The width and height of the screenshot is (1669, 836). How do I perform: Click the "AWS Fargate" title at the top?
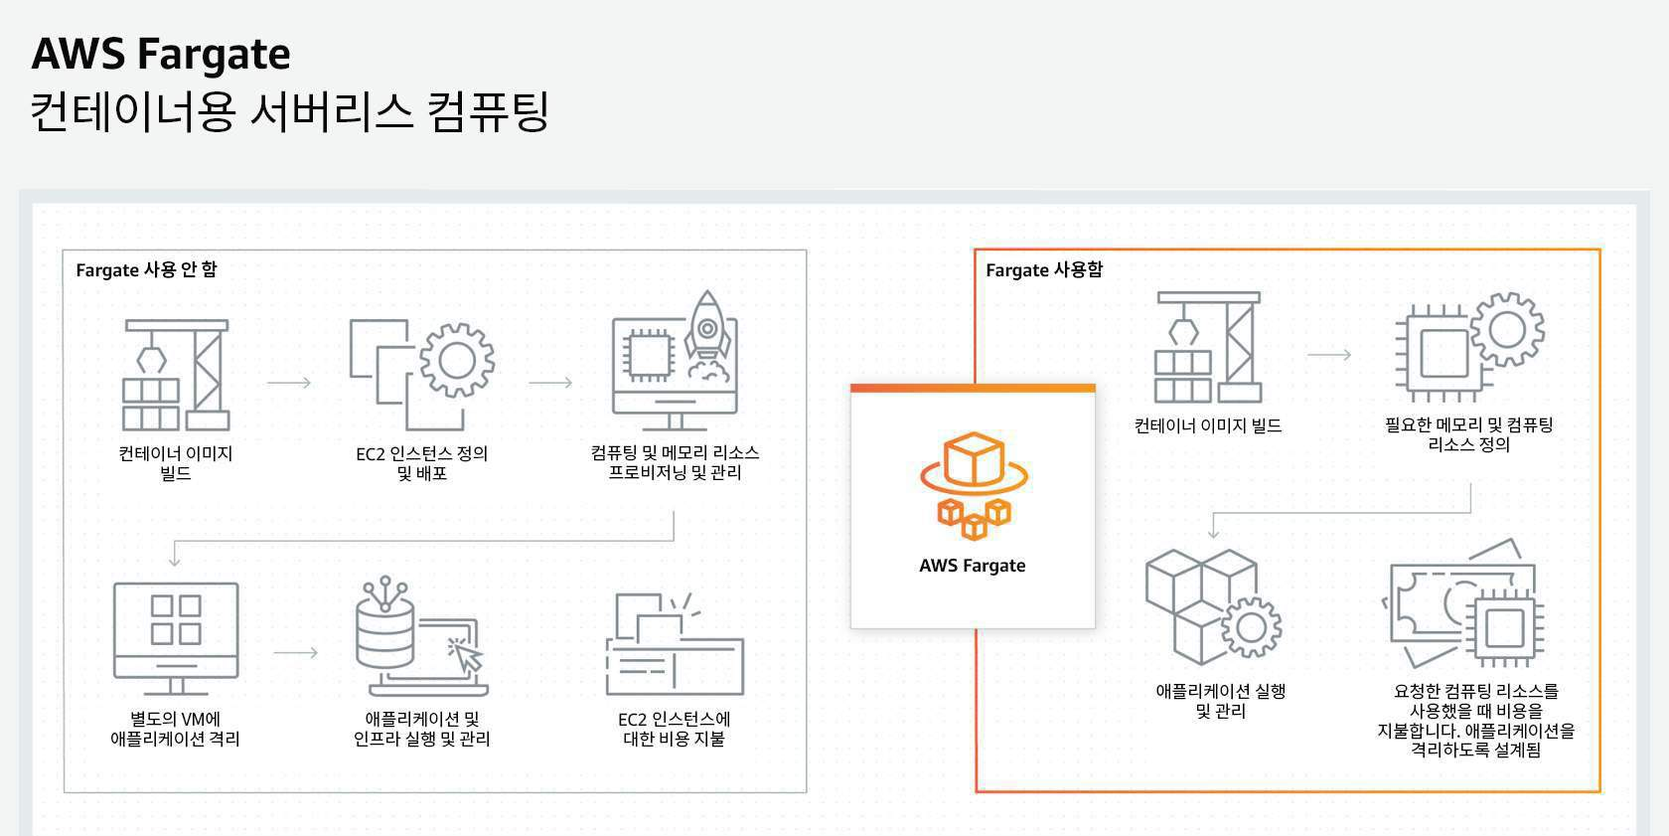[x=161, y=54]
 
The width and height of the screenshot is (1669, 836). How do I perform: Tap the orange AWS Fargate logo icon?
[x=974, y=485]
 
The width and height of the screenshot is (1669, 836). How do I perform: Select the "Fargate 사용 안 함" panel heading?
[x=146, y=269]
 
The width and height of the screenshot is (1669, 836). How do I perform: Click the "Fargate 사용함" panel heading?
[x=1044, y=269]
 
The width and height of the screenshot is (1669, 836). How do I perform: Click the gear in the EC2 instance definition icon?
[x=457, y=360]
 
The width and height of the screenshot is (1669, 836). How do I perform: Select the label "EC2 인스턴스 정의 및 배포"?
[x=422, y=463]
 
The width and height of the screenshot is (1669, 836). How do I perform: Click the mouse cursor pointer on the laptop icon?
[x=465, y=655]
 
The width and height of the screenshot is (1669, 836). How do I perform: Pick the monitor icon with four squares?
[x=176, y=636]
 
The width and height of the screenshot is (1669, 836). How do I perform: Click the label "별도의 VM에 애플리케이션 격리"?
[x=176, y=729]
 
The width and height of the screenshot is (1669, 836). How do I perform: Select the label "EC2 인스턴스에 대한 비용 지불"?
[x=675, y=729]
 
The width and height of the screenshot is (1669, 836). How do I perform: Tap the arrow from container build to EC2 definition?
[x=289, y=383]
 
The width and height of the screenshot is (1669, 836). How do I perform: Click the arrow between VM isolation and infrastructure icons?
[x=295, y=653]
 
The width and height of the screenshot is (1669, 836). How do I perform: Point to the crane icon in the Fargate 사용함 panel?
[x=1207, y=347]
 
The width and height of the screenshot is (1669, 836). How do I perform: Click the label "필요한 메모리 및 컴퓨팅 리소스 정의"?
[x=1469, y=434]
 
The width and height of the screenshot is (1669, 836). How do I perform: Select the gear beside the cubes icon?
[x=1250, y=627]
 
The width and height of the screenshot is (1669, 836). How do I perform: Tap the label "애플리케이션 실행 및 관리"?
[x=1221, y=701]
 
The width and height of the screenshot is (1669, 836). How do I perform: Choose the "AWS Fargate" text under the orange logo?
[x=973, y=566]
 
